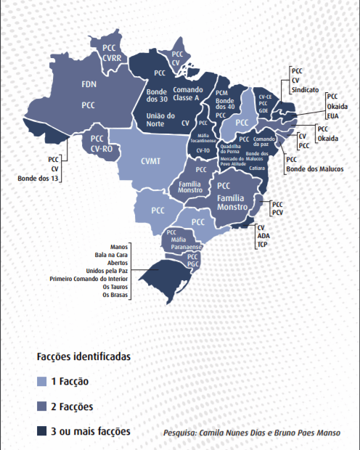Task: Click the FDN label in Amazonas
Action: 89,83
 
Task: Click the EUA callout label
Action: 333,114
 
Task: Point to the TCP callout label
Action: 262,245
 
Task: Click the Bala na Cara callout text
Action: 112,255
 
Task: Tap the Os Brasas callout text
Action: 115,295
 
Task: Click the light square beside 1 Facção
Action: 42,381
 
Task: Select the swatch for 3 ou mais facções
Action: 42,432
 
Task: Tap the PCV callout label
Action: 277,213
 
